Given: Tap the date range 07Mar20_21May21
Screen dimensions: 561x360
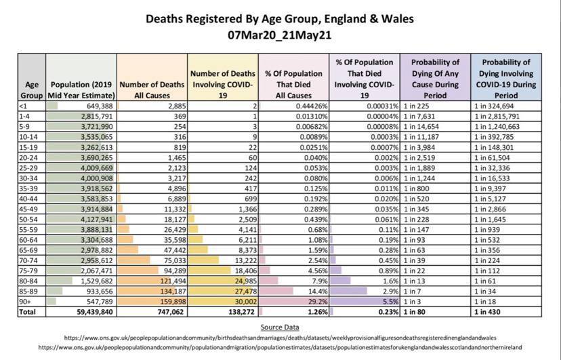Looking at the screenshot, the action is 279,35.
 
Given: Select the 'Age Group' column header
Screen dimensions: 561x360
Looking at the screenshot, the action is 31,89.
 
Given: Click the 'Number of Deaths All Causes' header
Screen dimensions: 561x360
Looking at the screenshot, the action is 152,89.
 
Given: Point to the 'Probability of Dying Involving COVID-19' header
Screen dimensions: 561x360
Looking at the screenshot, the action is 506,79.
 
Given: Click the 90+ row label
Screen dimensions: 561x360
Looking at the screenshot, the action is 25,302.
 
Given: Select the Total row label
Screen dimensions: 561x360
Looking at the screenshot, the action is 27,312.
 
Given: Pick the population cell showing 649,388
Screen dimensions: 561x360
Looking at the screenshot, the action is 100,106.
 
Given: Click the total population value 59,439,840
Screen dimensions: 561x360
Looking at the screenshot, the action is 95,312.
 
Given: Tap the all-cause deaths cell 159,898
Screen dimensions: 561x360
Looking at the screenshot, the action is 173,302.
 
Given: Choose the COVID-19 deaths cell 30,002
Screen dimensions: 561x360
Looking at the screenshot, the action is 246,302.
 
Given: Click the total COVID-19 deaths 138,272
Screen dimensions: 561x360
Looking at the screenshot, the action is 241,312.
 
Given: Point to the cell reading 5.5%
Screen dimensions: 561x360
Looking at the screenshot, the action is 391,302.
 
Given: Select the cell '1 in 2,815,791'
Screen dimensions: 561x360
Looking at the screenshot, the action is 497,117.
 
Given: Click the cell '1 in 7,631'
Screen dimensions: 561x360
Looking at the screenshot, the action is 419,117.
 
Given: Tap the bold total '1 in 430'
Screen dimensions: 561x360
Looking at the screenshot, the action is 487,312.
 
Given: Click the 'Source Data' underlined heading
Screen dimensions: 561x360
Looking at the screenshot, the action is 280,327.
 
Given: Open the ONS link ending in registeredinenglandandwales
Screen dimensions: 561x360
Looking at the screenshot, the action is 280,338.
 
